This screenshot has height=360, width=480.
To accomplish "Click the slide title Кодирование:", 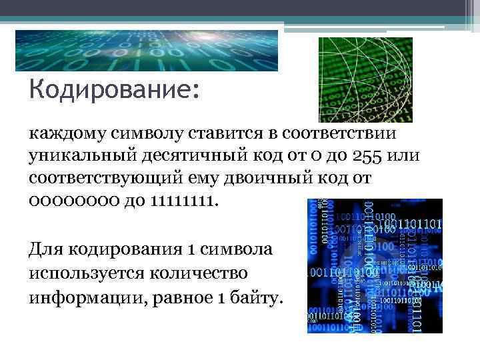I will coord(114,89).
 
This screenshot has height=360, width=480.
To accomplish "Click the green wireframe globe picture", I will coord(365,79).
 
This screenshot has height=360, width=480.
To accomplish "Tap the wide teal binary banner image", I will coord(147,51).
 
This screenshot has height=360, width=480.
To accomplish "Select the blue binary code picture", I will coord(375,265).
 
